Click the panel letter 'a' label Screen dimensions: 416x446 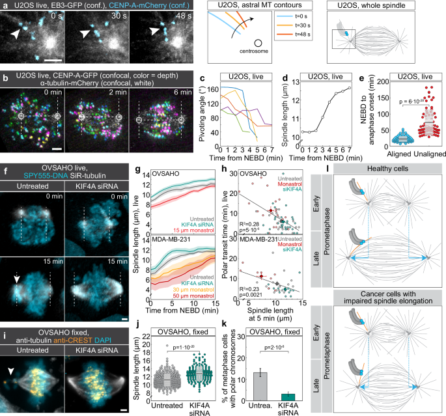coord(4,5)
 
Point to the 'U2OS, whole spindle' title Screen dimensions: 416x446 coord(387,5)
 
